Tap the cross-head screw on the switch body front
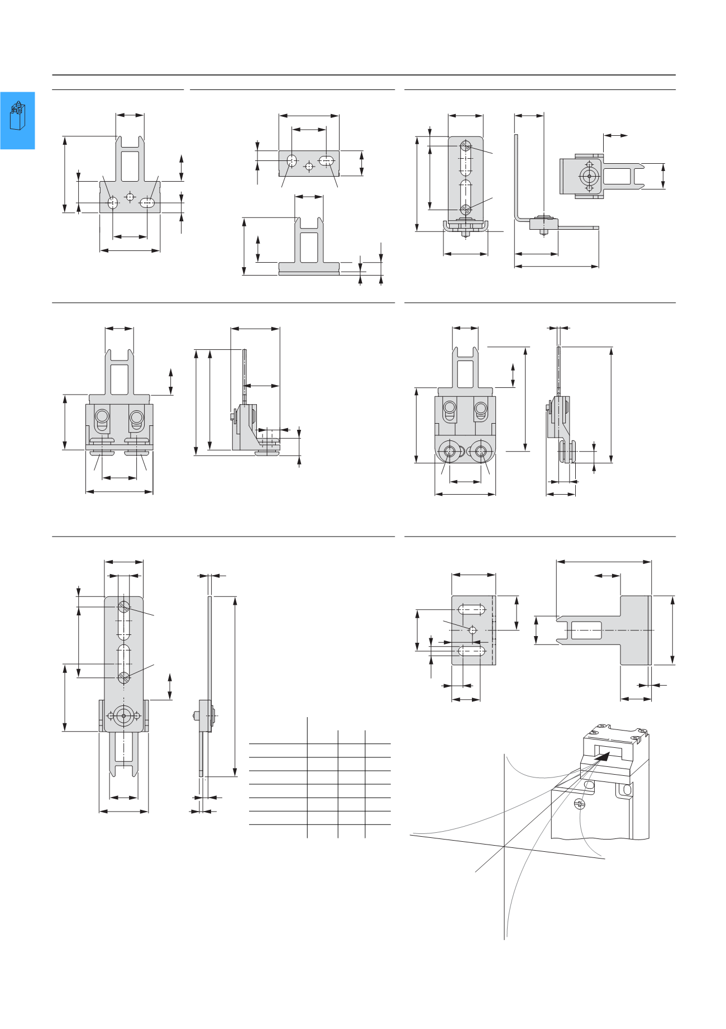click(x=579, y=804)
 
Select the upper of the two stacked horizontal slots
click(x=471, y=609)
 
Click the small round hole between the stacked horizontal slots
click(x=472, y=630)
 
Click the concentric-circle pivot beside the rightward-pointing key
click(x=589, y=176)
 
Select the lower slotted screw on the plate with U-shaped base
click(x=466, y=210)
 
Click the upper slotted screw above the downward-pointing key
click(x=123, y=606)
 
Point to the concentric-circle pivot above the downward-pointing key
click(x=123, y=715)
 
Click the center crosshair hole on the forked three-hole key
click(x=130, y=197)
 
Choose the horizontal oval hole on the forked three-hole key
click(x=147, y=202)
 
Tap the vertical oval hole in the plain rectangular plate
click(x=292, y=161)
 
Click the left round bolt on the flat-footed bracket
click(x=102, y=416)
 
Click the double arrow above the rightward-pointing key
click(x=615, y=135)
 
